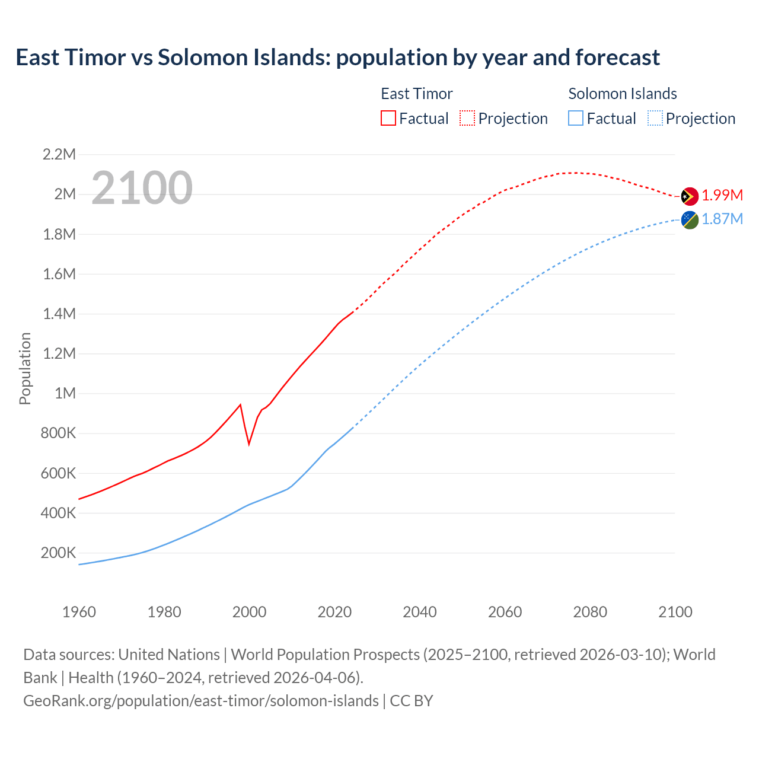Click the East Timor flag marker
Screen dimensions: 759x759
[690, 196]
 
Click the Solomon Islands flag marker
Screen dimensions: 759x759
[690, 220]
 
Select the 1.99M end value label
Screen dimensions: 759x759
[722, 195]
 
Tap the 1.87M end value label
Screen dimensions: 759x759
[722, 219]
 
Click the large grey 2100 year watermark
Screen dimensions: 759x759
[142, 188]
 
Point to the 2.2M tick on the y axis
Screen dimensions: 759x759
[59, 155]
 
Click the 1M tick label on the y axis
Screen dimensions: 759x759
[65, 394]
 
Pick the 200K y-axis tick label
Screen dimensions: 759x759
[59, 553]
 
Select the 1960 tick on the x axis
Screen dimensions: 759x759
[79, 612]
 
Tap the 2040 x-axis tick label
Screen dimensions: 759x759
[420, 612]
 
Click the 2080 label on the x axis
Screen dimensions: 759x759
[590, 612]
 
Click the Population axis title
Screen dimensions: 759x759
[25, 368]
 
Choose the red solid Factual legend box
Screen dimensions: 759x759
[388, 119]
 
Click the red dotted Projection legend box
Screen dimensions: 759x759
[467, 119]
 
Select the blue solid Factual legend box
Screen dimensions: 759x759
[576, 119]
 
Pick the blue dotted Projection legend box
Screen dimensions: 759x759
[655, 119]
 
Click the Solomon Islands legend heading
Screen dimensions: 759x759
[623, 94]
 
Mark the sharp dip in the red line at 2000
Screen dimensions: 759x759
[249, 443]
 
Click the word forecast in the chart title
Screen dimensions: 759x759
[617, 58]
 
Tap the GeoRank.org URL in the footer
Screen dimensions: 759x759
[201, 701]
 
